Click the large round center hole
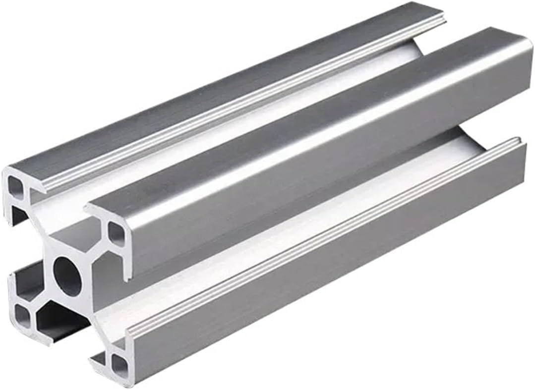click(67, 276)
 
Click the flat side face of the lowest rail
click(322, 278)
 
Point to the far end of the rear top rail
click(436, 15)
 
